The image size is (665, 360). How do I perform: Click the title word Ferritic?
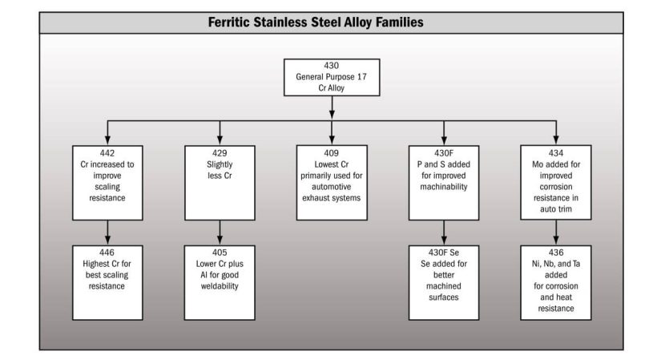[x=229, y=22]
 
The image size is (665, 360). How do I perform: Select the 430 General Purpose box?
[x=332, y=77]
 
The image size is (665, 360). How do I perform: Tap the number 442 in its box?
[x=107, y=153]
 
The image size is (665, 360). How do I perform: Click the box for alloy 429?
[x=220, y=183]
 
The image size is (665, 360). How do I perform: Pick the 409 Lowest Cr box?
[x=332, y=183]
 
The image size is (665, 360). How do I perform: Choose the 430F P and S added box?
[x=444, y=183]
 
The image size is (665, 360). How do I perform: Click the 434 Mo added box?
[x=555, y=183]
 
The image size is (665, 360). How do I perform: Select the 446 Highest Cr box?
[x=107, y=282]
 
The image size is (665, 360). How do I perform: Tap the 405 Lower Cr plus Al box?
[x=220, y=282]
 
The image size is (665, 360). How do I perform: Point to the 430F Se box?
[x=444, y=282]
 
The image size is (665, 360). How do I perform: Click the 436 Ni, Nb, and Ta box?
[x=555, y=282]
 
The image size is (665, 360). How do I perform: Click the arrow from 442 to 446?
[x=107, y=233]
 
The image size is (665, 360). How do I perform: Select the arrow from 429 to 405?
[x=220, y=233]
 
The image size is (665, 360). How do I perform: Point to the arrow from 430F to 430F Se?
[x=444, y=233]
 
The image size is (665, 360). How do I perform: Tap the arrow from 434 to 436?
[x=555, y=233]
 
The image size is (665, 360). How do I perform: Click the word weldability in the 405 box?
[x=220, y=286]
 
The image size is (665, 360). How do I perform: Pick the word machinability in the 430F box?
[x=444, y=187]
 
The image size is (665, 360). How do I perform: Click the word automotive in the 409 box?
[x=331, y=187]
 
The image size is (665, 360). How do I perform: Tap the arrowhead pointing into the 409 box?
[x=332, y=140]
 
